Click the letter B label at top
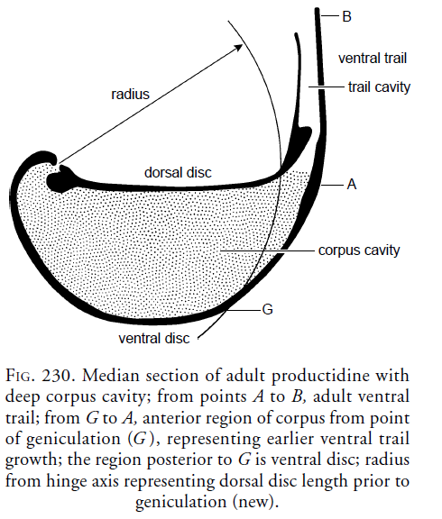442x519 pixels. pyautogui.click(x=346, y=16)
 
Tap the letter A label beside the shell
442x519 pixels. pyautogui.click(x=352, y=184)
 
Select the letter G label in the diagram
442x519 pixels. pyautogui.click(x=267, y=309)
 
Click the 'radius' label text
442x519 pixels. pyautogui.click(x=130, y=94)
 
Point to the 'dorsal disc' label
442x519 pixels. pyautogui.click(x=178, y=172)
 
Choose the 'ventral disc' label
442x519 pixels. pyautogui.click(x=154, y=338)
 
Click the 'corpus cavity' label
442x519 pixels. pyautogui.click(x=359, y=250)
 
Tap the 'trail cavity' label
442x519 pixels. pyautogui.click(x=379, y=87)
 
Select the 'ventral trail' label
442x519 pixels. pyautogui.click(x=373, y=59)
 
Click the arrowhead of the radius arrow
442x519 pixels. pyautogui.click(x=239, y=47)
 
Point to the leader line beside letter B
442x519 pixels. pyautogui.click(x=330, y=15)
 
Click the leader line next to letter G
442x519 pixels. pyautogui.click(x=244, y=310)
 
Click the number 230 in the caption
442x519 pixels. pyautogui.click(x=56, y=376)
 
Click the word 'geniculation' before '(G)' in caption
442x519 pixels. pyautogui.click(x=73, y=439)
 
